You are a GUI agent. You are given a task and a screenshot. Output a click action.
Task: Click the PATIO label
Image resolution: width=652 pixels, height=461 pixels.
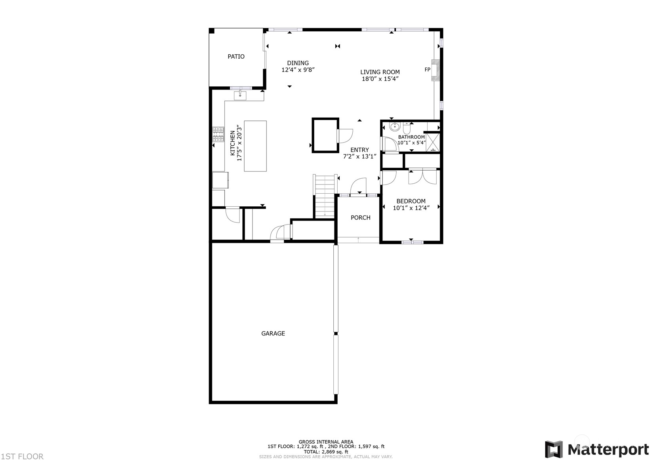[x=236, y=57]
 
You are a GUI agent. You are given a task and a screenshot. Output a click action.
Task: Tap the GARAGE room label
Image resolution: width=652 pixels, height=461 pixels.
[x=273, y=333]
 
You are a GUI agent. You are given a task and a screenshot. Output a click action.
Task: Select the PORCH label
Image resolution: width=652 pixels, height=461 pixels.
[x=360, y=217]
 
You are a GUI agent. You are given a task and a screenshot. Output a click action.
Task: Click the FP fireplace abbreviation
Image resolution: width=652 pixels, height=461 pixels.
[x=427, y=70]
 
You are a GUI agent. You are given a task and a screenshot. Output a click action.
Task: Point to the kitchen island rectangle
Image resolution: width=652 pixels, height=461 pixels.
[x=255, y=146]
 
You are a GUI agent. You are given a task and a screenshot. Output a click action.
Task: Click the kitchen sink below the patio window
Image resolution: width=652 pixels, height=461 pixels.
[x=240, y=95]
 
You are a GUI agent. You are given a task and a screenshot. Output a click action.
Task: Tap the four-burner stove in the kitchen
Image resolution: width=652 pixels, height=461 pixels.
[x=218, y=134]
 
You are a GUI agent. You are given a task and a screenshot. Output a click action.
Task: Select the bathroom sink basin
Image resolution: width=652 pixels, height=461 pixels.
[x=395, y=126]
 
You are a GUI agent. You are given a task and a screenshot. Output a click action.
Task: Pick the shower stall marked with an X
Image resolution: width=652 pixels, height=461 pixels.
[x=433, y=142]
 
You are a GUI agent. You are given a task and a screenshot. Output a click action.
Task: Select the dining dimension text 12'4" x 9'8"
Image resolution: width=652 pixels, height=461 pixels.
[x=298, y=70]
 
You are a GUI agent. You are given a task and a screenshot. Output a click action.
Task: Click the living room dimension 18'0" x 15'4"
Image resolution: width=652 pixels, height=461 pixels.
[x=380, y=79]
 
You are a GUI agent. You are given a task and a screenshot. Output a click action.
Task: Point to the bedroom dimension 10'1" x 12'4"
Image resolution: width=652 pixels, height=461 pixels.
[x=411, y=208]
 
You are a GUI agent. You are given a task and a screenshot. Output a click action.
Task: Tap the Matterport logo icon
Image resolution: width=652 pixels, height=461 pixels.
[x=554, y=450]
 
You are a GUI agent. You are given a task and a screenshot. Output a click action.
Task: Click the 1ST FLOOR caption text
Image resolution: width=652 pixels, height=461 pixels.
[x=22, y=456]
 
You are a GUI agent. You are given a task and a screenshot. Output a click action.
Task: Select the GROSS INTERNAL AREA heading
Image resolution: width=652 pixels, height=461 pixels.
[x=326, y=442]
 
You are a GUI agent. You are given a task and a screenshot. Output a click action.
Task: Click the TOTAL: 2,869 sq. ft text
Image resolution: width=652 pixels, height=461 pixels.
[x=326, y=451]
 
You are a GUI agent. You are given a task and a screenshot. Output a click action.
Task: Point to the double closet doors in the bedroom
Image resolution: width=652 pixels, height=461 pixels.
[x=423, y=177]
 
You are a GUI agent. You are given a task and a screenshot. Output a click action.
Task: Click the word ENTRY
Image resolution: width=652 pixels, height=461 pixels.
[x=359, y=150]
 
